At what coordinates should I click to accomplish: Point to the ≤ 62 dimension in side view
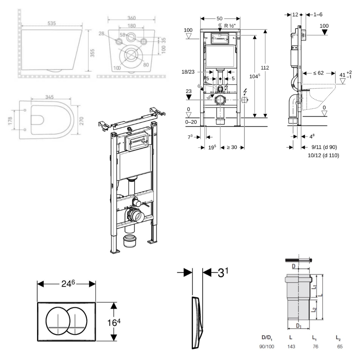318,73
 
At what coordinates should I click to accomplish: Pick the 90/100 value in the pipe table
266,346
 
